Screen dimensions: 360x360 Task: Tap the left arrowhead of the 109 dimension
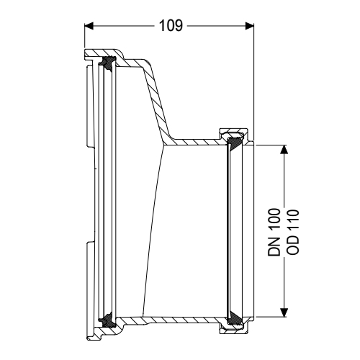tap(90, 25)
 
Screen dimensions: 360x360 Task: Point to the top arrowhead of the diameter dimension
tap(286, 149)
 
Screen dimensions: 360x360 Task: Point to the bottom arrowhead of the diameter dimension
tap(286, 311)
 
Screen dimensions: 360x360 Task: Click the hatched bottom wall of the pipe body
tap(180, 318)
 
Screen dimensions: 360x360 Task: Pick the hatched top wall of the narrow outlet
tap(194, 140)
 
